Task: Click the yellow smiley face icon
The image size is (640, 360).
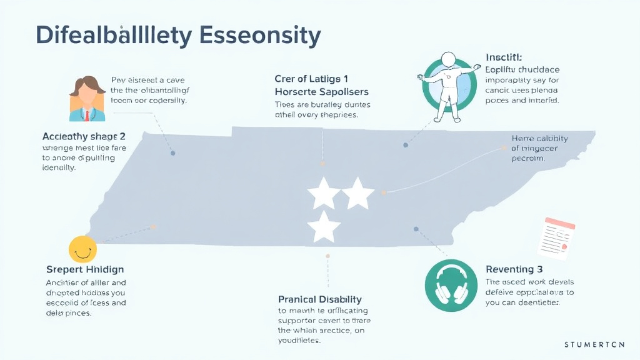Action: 82,249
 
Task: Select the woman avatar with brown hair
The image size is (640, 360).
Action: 87,98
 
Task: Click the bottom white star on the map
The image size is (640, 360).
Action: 324,227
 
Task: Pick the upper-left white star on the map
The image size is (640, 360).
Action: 324,193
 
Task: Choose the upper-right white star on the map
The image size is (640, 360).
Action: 358,193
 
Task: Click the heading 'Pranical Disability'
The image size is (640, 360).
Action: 320,299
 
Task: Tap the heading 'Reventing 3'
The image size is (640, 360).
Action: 514,269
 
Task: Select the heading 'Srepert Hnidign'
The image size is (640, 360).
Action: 85,269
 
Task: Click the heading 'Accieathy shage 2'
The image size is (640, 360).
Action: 84,136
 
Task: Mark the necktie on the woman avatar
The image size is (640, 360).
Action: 86,116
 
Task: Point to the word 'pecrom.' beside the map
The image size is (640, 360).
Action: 528,159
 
